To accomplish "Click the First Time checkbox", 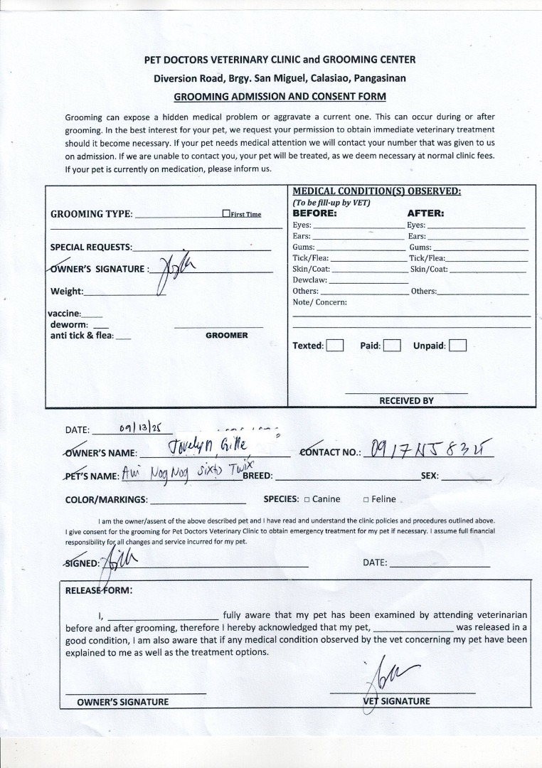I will pyautogui.click(x=226, y=213).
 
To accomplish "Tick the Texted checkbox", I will pyautogui.click(x=335, y=346).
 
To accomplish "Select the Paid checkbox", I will pyautogui.click(x=393, y=346).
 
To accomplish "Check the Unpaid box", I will pyautogui.click(x=457, y=346).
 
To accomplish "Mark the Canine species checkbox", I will pyautogui.click(x=307, y=499).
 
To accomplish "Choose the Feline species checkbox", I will pyautogui.click(x=366, y=499).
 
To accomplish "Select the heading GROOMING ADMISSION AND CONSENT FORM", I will pyautogui.click(x=280, y=96).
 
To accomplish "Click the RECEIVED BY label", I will pyautogui.click(x=406, y=400).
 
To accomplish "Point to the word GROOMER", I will pyautogui.click(x=227, y=335).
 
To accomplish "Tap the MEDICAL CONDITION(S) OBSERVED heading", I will pyautogui.click(x=377, y=191).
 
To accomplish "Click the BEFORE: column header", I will pyautogui.click(x=314, y=213).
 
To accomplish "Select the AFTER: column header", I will pyautogui.click(x=425, y=213).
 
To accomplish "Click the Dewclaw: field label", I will pyautogui.click(x=310, y=280).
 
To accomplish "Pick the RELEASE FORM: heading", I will pyautogui.click(x=99, y=590).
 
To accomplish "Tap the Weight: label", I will pyautogui.click(x=67, y=292).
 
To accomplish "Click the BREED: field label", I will pyautogui.click(x=257, y=476).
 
